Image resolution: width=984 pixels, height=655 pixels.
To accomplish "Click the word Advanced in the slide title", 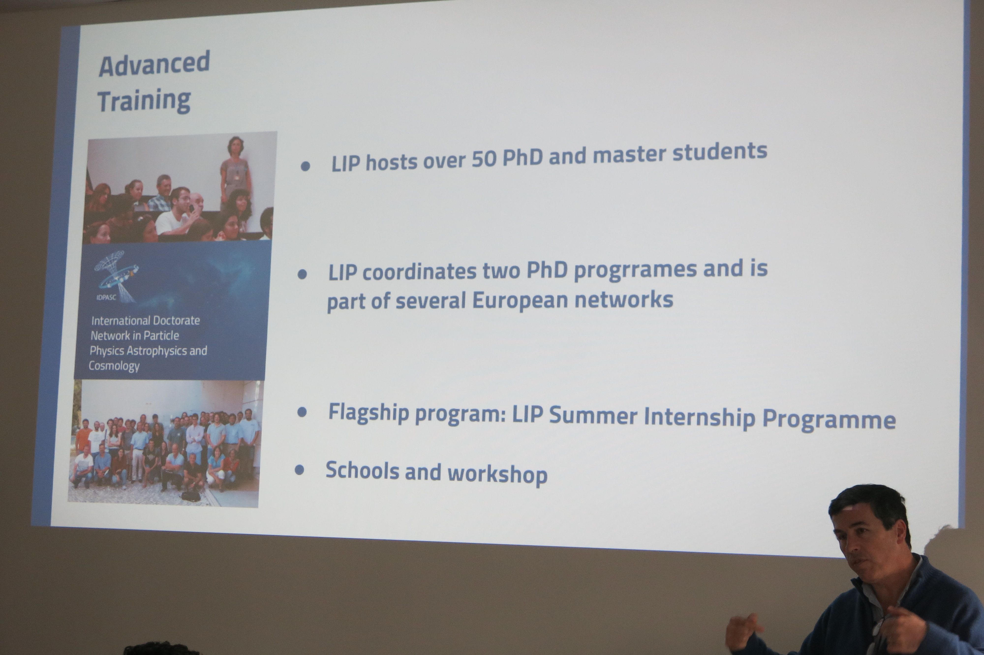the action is [x=154, y=63].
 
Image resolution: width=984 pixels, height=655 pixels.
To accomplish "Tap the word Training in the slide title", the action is [x=144, y=101].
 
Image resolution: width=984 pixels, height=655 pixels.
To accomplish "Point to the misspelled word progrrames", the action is [x=635, y=270].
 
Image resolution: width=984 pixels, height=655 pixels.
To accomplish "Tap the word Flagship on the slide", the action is [x=368, y=413].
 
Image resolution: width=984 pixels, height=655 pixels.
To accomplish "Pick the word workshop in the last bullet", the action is [x=497, y=474].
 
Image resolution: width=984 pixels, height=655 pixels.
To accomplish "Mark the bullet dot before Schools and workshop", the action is [x=299, y=470].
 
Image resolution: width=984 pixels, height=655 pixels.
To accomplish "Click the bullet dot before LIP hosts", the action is [x=306, y=167].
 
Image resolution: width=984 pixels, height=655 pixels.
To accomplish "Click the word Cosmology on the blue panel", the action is [x=114, y=366].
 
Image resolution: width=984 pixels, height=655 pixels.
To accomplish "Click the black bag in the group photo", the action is [x=191, y=496].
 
